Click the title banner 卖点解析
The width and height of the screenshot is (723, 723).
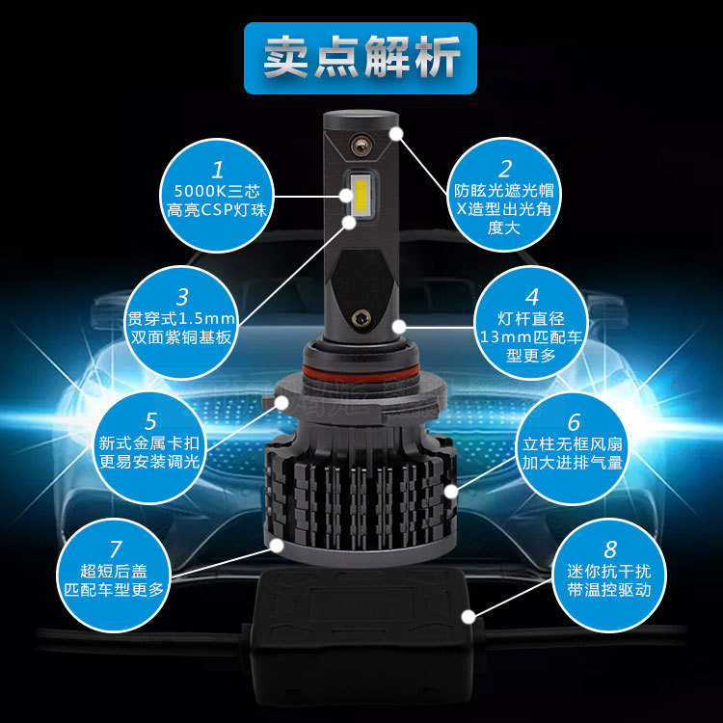[361, 58]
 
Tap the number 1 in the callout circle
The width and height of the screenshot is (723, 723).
[218, 170]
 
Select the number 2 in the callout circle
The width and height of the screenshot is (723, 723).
[505, 170]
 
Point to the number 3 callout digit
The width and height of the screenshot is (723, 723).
[182, 297]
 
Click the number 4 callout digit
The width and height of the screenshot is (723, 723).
[532, 297]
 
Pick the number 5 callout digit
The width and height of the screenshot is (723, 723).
[150, 421]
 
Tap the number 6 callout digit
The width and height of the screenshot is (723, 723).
[574, 422]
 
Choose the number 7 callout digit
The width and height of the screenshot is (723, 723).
[116, 549]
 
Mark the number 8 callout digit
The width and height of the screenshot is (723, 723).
[609, 549]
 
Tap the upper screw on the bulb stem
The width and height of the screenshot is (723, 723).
[361, 145]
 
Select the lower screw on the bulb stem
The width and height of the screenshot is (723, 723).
[361, 318]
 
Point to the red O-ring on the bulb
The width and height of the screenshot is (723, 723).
[361, 370]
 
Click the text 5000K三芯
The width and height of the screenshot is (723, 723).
[217, 191]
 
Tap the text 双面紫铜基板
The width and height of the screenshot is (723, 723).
[181, 337]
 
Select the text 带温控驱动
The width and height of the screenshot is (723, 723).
[609, 590]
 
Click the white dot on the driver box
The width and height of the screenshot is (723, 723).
[469, 617]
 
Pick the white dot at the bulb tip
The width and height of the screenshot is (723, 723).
[396, 134]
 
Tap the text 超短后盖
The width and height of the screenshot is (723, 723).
[114, 571]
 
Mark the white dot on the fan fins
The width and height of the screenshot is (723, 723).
[451, 492]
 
